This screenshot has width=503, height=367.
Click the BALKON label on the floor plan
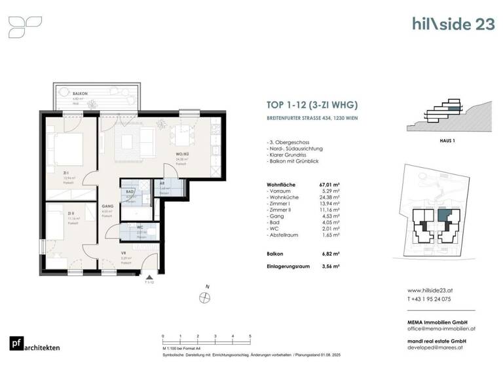point(81,94)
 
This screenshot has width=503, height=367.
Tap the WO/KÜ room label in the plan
point(181,153)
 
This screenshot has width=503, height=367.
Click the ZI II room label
point(70,213)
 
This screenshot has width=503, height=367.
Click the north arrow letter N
point(208,286)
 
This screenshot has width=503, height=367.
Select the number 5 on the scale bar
point(250,336)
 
